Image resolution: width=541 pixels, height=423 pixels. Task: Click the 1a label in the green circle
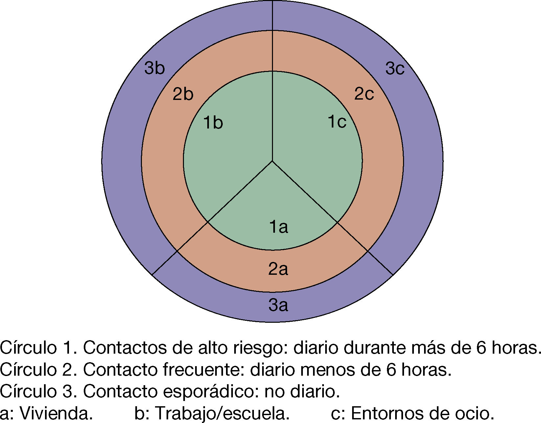click(279, 227)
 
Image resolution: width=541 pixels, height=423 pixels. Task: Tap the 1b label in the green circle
click(213, 123)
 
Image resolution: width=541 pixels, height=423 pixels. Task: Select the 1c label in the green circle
click(337, 122)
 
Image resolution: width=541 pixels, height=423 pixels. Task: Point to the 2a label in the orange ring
click(278, 269)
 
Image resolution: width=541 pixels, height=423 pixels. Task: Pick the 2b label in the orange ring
click(183, 94)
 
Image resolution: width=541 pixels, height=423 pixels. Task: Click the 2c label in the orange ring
click(364, 94)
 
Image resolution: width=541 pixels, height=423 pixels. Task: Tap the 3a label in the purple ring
click(278, 305)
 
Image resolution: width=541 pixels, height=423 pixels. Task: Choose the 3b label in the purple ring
click(154, 68)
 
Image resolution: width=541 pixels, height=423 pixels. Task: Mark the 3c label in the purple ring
click(395, 69)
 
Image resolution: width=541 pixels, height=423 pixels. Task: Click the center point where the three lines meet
click(272, 161)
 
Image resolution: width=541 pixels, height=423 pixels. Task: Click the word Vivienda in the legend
click(56, 413)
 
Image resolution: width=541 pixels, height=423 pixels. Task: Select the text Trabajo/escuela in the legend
click(222, 413)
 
